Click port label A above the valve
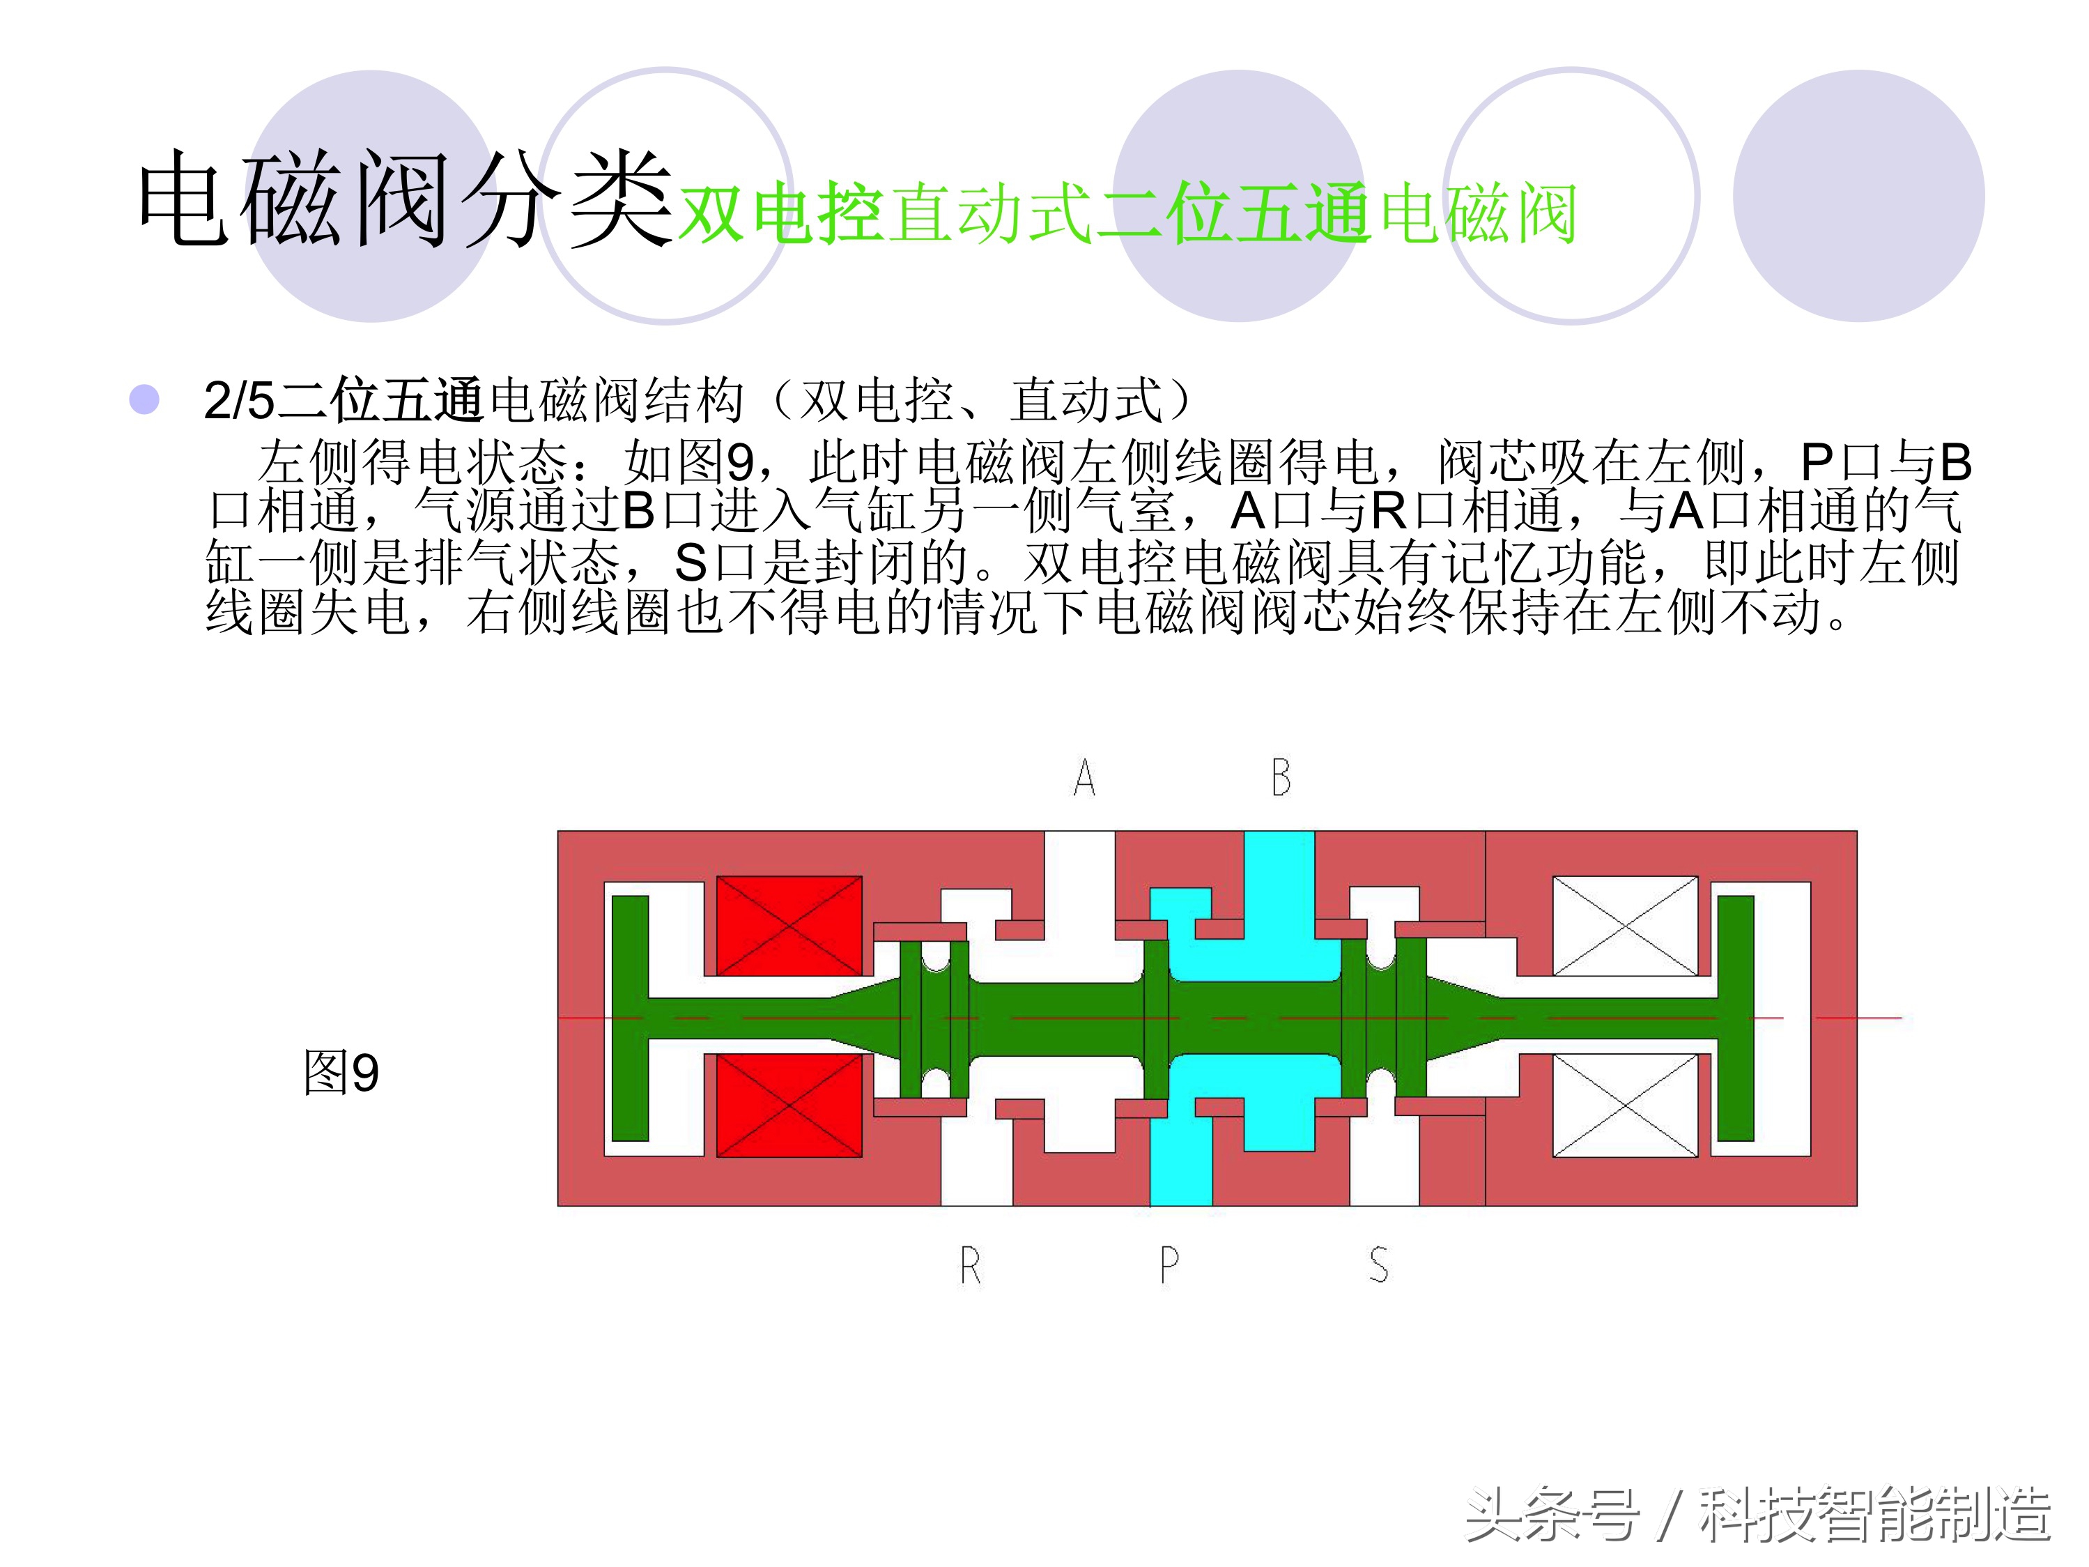(x=1084, y=777)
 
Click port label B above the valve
(x=1281, y=777)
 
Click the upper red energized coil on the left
(x=789, y=926)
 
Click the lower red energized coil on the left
(x=789, y=1105)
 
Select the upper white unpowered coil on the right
(x=1624, y=926)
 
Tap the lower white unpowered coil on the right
(x=1624, y=1105)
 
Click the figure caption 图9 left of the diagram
(x=341, y=1073)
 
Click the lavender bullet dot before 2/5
(x=144, y=399)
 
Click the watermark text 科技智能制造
(x=1874, y=1514)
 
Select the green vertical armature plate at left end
(x=630, y=1018)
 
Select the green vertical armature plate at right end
(x=1735, y=1018)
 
